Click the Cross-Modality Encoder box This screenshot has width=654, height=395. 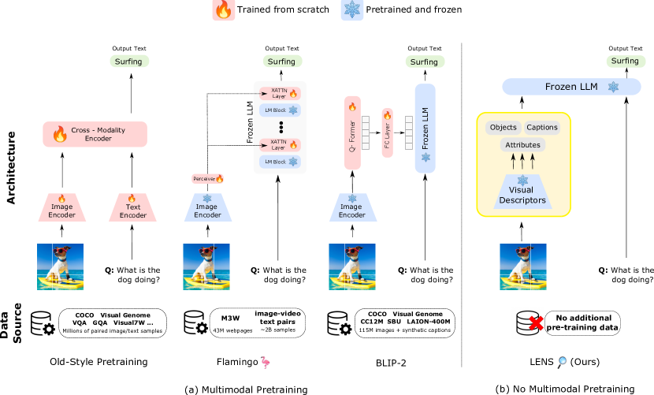coord(95,134)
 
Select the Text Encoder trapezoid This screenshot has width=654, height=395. coord(132,208)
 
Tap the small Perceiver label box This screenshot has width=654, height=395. coord(208,179)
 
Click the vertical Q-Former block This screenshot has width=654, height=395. coord(352,132)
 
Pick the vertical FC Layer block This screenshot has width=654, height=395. coord(387,132)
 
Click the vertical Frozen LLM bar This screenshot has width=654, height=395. coord(425,128)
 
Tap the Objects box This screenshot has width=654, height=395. coord(503,128)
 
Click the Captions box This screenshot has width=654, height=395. coord(542,128)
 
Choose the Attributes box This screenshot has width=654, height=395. coord(522,145)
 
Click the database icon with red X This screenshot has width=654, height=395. coord(527,322)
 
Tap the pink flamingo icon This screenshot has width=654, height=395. coord(266,363)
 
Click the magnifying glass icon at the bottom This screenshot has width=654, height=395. coord(562,362)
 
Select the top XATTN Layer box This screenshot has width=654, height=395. coord(280,94)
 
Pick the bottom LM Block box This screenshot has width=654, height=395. coord(280,162)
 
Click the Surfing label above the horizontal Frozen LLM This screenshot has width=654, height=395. coord(625,61)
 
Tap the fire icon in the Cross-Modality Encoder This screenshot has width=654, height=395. coord(60,134)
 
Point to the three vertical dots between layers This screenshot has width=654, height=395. coord(281,127)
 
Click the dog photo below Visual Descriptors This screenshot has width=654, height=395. coord(522,266)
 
